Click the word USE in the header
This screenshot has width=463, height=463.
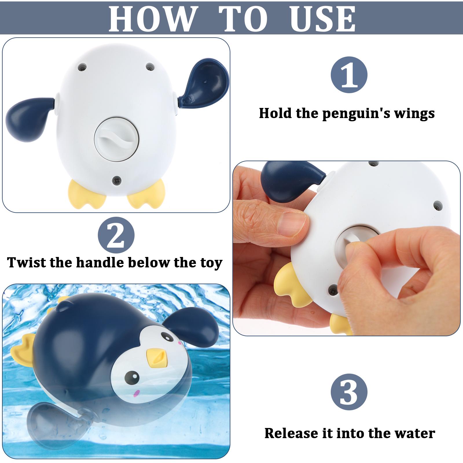point(323,19)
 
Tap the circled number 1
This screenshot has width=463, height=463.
point(349,75)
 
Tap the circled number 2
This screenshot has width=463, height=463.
point(116,235)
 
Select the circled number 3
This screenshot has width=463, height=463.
point(349,392)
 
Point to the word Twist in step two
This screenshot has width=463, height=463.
point(26,262)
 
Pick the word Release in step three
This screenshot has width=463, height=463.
point(292,433)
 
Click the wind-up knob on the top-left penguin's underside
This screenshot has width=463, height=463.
point(117,139)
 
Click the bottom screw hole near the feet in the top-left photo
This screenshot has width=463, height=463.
point(117,180)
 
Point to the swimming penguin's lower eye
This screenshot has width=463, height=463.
point(132,378)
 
